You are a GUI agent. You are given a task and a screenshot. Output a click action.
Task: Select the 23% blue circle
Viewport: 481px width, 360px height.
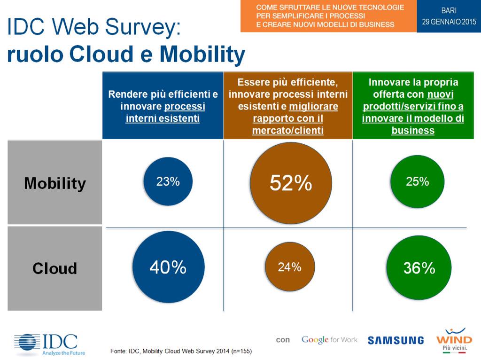pyautogui.click(x=168, y=182)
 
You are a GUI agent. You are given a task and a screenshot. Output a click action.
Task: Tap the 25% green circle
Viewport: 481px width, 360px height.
pyautogui.click(x=417, y=181)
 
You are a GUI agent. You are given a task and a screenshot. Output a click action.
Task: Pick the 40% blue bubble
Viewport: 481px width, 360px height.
pyautogui.click(x=168, y=267)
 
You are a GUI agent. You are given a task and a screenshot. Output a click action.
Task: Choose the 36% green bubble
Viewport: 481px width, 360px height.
pyautogui.click(x=419, y=268)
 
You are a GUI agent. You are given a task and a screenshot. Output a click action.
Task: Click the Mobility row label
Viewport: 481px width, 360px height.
pyautogui.click(x=55, y=182)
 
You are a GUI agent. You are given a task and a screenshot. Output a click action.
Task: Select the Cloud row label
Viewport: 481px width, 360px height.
pyautogui.click(x=55, y=268)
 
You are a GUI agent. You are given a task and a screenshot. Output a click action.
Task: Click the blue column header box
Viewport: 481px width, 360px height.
pyautogui.click(x=163, y=106)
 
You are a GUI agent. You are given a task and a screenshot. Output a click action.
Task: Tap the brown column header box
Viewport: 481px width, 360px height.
pyautogui.click(x=288, y=106)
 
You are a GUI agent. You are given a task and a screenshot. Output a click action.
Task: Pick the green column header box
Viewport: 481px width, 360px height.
pyautogui.click(x=413, y=106)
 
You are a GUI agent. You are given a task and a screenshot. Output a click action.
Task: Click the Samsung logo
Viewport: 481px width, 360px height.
pyautogui.click(x=396, y=340)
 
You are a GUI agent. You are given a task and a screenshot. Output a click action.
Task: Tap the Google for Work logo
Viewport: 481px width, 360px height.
pyautogui.click(x=329, y=339)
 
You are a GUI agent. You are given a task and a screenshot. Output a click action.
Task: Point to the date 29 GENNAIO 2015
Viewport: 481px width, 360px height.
pyautogui.click(x=449, y=22)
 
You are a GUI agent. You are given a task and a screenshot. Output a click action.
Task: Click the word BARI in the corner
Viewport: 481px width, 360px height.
pyautogui.click(x=449, y=10)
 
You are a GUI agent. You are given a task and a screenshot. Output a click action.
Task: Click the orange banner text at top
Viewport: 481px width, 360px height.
pyautogui.click(x=329, y=16)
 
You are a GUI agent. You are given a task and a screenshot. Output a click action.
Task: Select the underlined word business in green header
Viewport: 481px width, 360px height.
pyautogui.click(x=412, y=130)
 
